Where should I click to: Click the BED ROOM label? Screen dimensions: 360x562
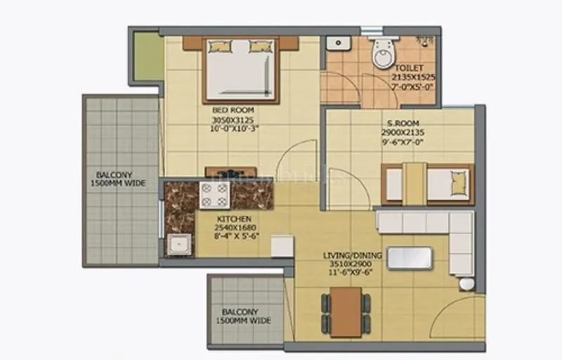[233, 110]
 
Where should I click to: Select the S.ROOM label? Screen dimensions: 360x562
[403, 123]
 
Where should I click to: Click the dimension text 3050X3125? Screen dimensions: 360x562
[233, 119]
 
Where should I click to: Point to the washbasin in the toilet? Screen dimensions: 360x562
[339, 42]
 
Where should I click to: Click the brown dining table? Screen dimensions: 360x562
[346, 310]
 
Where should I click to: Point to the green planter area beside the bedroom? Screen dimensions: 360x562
[148, 56]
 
